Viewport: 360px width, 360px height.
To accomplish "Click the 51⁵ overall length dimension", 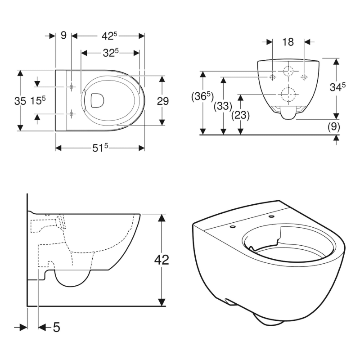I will pyautogui.click(x=101, y=148).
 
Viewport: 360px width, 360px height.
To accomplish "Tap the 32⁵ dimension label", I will pyautogui.click(x=110, y=53).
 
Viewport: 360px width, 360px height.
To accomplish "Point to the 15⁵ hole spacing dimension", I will pyautogui.click(x=38, y=101).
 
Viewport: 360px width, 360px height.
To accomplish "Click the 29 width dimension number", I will pyautogui.click(x=162, y=101).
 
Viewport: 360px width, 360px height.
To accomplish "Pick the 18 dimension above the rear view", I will pyautogui.click(x=288, y=42).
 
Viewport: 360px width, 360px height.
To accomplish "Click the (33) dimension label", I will pyautogui.click(x=222, y=106).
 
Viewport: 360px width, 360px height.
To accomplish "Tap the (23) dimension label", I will pyautogui.click(x=241, y=115).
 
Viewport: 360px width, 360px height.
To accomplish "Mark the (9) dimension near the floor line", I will pyautogui.click(x=333, y=127).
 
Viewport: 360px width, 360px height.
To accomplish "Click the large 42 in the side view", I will pyautogui.click(x=162, y=260).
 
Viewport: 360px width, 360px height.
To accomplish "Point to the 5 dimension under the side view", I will pyautogui.click(x=56, y=327).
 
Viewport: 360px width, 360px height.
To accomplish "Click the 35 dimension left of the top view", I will pyautogui.click(x=20, y=101).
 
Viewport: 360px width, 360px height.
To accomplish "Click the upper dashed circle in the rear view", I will pyautogui.click(x=288, y=71).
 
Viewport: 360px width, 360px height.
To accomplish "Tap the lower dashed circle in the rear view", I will pyautogui.click(x=288, y=94).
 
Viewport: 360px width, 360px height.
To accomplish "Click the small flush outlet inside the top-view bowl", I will pyautogui.click(x=96, y=100).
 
